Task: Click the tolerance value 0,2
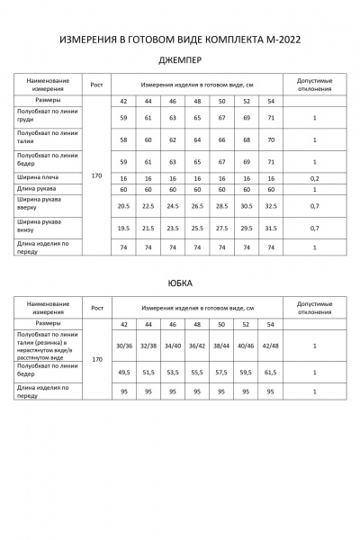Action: point(315,178)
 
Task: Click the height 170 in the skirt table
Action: point(97,358)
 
